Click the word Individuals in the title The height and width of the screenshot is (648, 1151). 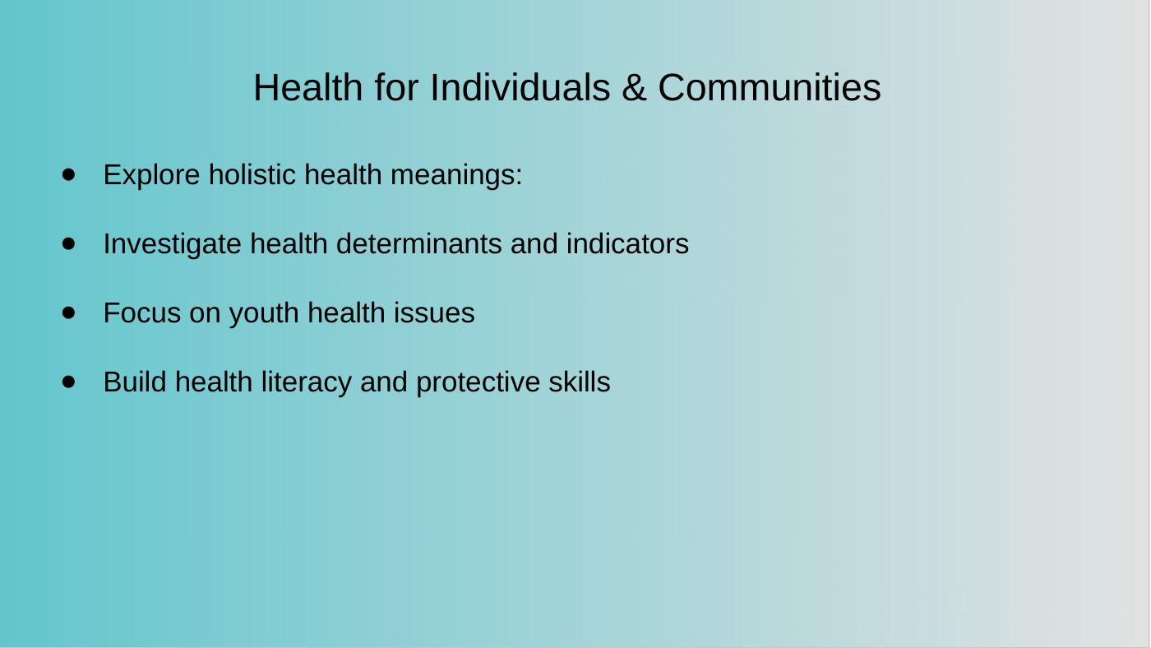click(520, 87)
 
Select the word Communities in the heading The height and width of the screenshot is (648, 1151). click(770, 87)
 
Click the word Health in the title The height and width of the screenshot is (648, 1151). click(307, 87)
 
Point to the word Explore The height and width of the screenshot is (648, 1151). click(151, 175)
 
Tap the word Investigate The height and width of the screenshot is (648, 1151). click(172, 244)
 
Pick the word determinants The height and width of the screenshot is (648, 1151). click(418, 243)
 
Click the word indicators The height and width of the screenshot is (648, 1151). click(627, 243)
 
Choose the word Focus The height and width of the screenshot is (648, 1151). click(142, 313)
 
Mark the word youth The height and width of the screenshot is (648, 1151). click(264, 314)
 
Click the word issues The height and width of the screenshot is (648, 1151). click(434, 313)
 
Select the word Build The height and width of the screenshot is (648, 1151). click(135, 382)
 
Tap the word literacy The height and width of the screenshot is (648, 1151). click(306, 383)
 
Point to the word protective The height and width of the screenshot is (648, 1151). click(478, 383)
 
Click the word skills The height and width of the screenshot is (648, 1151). click(579, 382)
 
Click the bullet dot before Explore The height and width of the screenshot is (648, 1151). click(68, 174)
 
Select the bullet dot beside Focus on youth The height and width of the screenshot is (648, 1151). click(68, 312)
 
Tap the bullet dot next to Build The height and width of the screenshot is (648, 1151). click(68, 382)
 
